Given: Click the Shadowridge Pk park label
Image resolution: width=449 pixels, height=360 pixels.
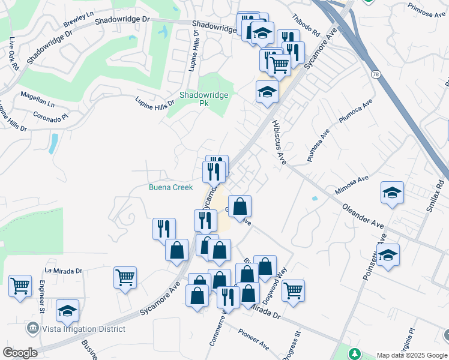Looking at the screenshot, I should (x=197, y=99).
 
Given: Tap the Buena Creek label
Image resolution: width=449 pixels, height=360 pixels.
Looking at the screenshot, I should (x=171, y=187).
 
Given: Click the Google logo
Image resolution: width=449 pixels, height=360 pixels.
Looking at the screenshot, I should (x=20, y=352).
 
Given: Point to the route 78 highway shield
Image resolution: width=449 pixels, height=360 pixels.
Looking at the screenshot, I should (x=376, y=73).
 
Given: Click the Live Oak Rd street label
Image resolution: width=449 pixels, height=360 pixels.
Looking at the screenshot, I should (x=13, y=55).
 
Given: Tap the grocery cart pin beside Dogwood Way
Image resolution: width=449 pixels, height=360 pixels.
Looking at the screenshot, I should (x=293, y=290).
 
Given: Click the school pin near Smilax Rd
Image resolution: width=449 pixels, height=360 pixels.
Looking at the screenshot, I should (x=393, y=193).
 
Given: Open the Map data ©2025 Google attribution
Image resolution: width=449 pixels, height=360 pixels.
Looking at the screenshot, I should (x=412, y=355).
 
